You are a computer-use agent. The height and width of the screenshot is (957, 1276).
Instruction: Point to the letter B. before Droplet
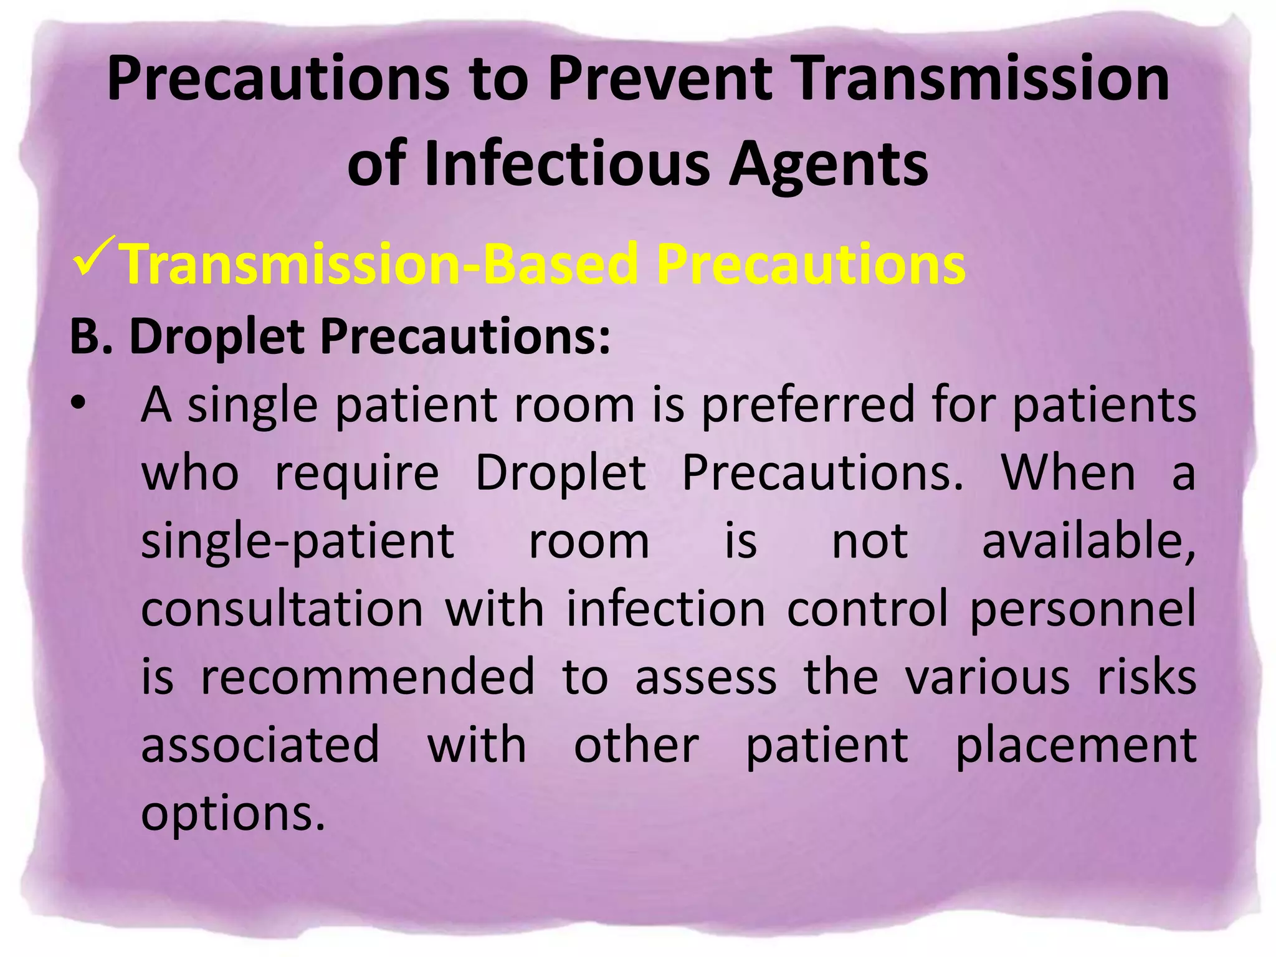[91, 336]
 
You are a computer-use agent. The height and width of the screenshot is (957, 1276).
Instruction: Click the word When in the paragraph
[1068, 474]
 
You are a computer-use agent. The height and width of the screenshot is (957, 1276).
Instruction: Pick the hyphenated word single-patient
[297, 541]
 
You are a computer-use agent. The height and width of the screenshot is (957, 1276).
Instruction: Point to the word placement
[1075, 746]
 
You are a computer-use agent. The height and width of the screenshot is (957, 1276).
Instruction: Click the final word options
[234, 814]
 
